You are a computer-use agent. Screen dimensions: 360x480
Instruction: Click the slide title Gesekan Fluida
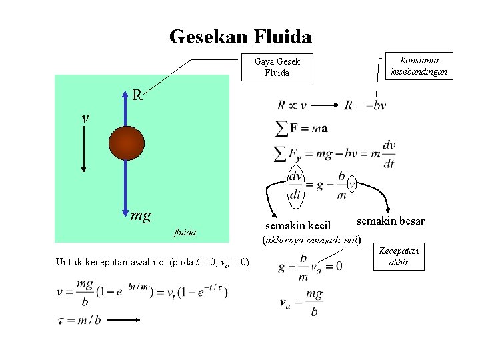(x=240, y=36)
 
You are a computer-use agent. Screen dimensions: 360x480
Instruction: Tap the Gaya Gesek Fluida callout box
(x=277, y=67)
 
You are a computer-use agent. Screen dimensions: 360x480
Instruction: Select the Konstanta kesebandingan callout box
(x=419, y=65)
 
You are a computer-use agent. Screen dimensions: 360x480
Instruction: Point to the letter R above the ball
(x=137, y=95)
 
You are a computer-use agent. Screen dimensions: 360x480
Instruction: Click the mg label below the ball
(x=141, y=215)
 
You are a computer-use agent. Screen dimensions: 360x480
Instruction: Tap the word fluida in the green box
(x=185, y=233)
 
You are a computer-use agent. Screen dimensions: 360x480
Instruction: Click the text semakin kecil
(x=298, y=226)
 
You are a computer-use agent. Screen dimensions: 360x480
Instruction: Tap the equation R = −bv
(x=365, y=105)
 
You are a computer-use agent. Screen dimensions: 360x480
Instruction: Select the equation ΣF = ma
(x=301, y=127)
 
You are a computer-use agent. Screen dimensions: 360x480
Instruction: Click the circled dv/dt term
(x=296, y=185)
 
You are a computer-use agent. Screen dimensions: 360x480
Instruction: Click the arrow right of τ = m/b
(x=125, y=320)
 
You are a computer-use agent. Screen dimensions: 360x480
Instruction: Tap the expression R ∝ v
(x=291, y=105)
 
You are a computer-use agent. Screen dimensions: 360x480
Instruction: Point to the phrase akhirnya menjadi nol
(x=313, y=238)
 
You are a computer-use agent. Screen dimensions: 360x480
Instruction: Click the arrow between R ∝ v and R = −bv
(x=325, y=105)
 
